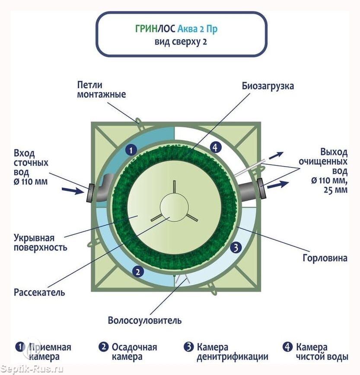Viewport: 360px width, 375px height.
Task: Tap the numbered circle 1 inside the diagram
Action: [x=131, y=150]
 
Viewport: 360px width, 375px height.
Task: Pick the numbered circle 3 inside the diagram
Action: [x=235, y=248]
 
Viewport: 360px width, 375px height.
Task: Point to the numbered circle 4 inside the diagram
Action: [x=216, y=147]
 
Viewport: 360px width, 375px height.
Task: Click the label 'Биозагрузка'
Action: [x=268, y=86]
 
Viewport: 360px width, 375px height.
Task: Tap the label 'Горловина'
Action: [x=329, y=258]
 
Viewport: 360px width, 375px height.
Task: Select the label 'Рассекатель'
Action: [x=39, y=292]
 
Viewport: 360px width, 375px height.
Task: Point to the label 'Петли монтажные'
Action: [x=102, y=89]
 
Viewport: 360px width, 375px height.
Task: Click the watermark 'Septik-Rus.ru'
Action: [x=32, y=369]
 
